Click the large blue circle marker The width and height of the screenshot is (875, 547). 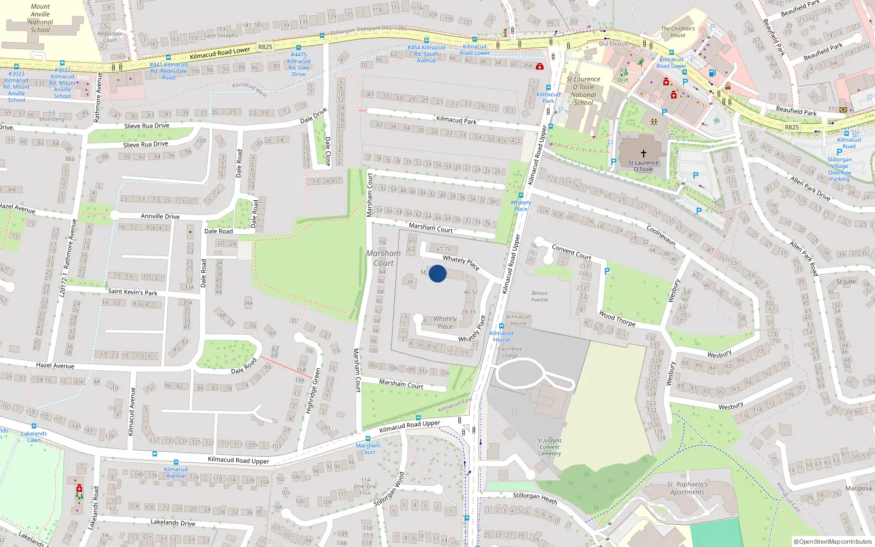437,273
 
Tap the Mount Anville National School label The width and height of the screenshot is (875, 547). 40,19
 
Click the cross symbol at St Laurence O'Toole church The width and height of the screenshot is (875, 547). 644,154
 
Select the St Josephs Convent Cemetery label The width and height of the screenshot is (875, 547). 549,447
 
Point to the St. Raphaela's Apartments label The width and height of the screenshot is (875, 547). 687,488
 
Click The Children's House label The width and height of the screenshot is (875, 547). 678,32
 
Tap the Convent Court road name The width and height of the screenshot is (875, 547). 571,252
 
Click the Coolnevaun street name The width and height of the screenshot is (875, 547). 661,236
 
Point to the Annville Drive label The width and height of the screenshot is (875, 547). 160,216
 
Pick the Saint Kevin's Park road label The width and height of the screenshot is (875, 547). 133,292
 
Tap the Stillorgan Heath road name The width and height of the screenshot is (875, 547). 535,498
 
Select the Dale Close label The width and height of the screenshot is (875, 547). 328,151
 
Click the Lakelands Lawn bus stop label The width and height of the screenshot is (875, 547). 34,437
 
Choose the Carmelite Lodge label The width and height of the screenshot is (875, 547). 510,352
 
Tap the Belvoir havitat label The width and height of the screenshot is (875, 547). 540,296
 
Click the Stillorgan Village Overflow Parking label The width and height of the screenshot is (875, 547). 839,169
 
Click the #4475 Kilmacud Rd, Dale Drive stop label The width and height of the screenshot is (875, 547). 299,64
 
